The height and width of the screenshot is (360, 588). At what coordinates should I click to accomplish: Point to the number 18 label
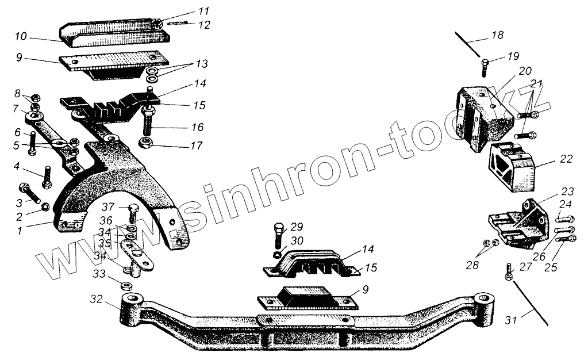[497, 36]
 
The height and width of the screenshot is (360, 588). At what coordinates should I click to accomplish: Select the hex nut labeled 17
[147, 143]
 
